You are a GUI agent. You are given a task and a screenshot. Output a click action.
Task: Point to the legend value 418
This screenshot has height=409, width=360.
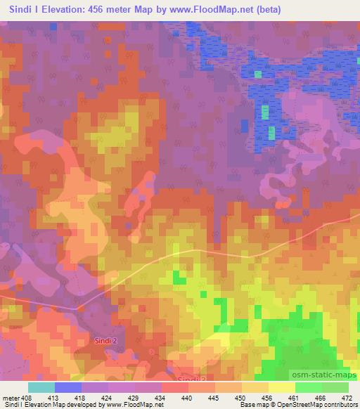(x=91, y=398)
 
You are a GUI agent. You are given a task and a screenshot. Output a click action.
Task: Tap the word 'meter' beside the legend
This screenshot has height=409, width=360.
(x=12, y=398)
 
